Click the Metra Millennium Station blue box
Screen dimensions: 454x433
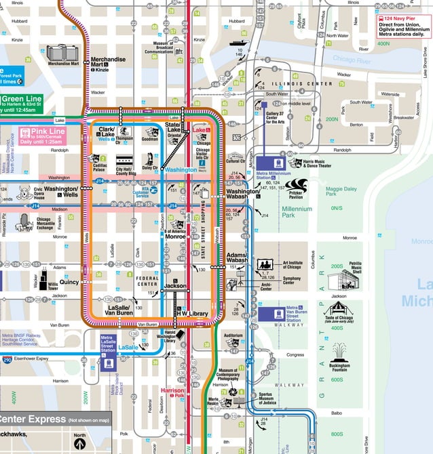276,163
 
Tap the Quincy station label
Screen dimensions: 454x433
69,282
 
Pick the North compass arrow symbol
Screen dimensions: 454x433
80,444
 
